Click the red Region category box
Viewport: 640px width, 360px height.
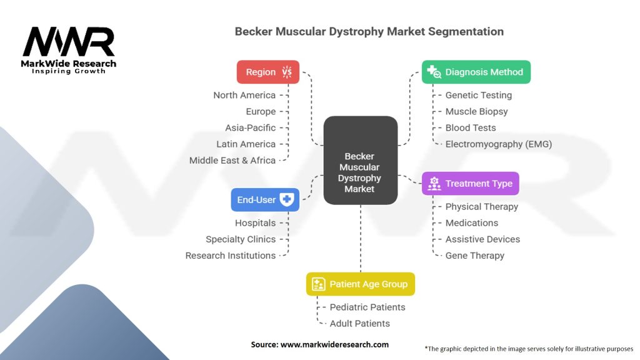pos(267,72)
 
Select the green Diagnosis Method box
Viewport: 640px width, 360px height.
pos(476,72)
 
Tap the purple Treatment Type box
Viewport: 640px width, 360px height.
pos(470,183)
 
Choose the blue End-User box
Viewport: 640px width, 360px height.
pos(265,199)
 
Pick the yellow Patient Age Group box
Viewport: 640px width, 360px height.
pos(361,284)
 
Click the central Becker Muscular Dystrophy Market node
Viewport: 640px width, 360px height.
pos(361,161)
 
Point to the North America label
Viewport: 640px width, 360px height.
pos(244,95)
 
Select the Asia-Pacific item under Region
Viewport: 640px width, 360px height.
pos(251,127)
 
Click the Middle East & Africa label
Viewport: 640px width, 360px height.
pos(232,161)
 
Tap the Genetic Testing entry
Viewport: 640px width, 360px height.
pos(478,95)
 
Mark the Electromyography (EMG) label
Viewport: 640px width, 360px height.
pos(498,144)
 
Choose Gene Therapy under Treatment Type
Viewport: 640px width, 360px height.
pos(475,256)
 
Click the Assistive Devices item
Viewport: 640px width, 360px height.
pos(482,239)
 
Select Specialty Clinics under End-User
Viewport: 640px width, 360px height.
pos(241,239)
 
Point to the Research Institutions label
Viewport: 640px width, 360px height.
pos(231,256)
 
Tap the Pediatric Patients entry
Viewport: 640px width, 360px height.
pos(367,307)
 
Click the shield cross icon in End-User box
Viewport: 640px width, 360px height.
pos(286,199)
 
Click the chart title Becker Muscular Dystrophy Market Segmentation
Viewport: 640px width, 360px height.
pos(369,31)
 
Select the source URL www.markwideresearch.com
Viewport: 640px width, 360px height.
pos(334,344)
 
